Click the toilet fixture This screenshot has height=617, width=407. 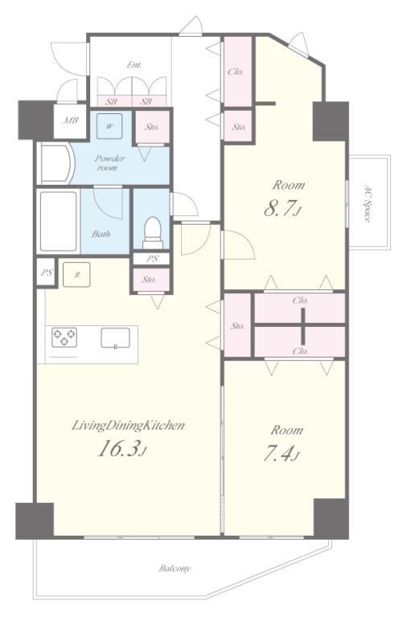[153, 232]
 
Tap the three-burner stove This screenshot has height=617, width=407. [64, 337]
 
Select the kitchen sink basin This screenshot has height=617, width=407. [115, 338]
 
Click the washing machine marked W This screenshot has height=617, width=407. [109, 126]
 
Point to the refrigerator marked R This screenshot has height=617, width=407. [77, 275]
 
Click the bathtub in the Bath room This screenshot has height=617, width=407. [58, 221]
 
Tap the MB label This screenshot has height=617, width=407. [71, 121]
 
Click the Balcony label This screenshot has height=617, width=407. [175, 569]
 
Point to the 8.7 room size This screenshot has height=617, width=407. [282, 209]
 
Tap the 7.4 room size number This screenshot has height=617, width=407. [281, 454]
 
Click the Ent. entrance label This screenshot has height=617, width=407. [134, 65]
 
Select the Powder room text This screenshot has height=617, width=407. [109, 163]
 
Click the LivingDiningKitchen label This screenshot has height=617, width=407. [128, 425]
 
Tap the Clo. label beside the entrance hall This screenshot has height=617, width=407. [236, 72]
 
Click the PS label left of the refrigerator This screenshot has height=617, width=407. [47, 272]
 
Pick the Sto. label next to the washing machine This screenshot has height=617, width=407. [152, 127]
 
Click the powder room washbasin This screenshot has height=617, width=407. [56, 163]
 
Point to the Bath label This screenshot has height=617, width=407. [101, 234]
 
